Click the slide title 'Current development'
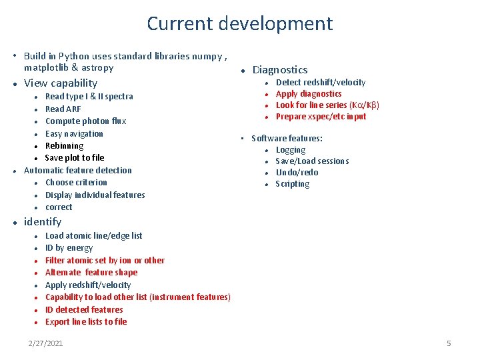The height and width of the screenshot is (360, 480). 239,24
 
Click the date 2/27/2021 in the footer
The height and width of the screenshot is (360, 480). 45,343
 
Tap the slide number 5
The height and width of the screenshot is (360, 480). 449,343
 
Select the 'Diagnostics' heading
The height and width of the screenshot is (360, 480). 280,70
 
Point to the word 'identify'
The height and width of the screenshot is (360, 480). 43,222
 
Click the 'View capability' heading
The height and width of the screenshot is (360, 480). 61,83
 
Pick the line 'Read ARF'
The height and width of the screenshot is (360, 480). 64,109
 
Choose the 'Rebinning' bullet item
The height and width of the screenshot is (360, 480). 65,145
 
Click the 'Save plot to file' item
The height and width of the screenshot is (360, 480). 75,158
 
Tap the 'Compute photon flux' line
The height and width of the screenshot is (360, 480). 85,121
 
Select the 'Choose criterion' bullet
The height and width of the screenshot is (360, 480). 76,183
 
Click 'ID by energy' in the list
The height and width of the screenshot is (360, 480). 69,248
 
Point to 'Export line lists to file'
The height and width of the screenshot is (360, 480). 86,322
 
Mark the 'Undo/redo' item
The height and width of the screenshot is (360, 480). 297,173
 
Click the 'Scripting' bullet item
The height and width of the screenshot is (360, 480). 293,184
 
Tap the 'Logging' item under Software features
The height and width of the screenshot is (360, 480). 291,150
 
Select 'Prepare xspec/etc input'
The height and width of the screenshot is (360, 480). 321,117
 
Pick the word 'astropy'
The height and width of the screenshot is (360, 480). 97,68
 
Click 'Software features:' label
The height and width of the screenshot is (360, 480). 287,138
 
